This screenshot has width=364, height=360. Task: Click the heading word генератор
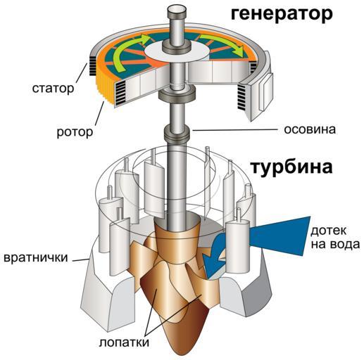coord(282,15)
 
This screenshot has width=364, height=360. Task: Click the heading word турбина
coord(291,167)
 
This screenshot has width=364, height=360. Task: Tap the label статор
coord(53,89)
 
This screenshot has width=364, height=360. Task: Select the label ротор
coord(75,133)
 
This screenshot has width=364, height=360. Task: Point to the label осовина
coord(310,129)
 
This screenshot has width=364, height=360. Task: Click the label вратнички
coord(36,258)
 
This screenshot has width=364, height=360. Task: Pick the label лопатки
coord(124,342)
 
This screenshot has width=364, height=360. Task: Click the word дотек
coord(329,231)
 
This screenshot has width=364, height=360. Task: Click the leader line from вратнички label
coord(80,259)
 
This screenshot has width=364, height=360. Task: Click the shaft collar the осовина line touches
coord(177,132)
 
